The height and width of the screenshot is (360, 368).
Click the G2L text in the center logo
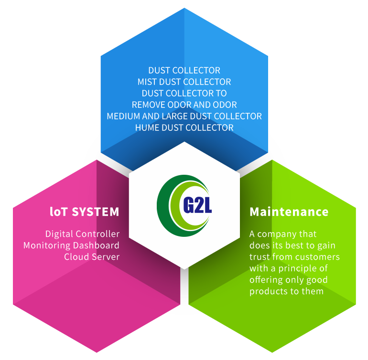pos(197,205)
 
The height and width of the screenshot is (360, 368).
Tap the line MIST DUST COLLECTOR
pos(184,82)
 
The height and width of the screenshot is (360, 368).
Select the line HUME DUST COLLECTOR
pos(184,127)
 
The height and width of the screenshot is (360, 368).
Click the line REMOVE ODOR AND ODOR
pos(184,105)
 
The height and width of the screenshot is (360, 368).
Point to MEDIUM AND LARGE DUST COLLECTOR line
pos(184,116)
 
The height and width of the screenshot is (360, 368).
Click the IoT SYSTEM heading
pos(85,212)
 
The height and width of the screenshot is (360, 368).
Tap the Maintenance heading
pos(289,212)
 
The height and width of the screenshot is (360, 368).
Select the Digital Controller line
pos(82,234)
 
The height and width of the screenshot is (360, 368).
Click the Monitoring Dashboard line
pos(71,245)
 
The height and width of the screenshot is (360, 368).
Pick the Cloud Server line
pos(92,256)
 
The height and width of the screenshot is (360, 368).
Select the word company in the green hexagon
pos(273,234)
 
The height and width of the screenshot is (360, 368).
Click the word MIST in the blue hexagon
pos(147,82)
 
